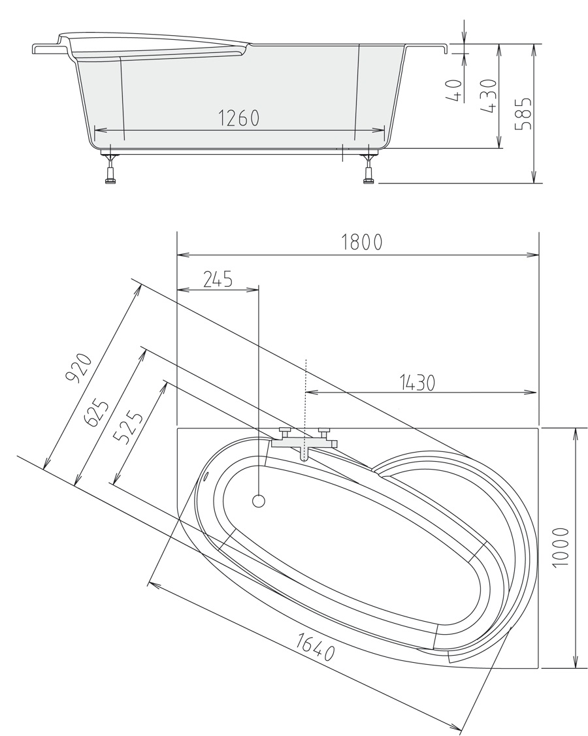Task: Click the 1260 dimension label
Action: [238, 118]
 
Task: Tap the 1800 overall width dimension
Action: [361, 242]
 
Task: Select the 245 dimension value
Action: [217, 280]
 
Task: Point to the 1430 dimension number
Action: [416, 382]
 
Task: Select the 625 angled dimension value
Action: [97, 413]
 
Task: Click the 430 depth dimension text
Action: [489, 96]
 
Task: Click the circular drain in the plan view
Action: [259, 502]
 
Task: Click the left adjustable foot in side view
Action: [110, 170]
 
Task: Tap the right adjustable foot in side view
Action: [369, 170]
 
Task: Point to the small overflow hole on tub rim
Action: [206, 475]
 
